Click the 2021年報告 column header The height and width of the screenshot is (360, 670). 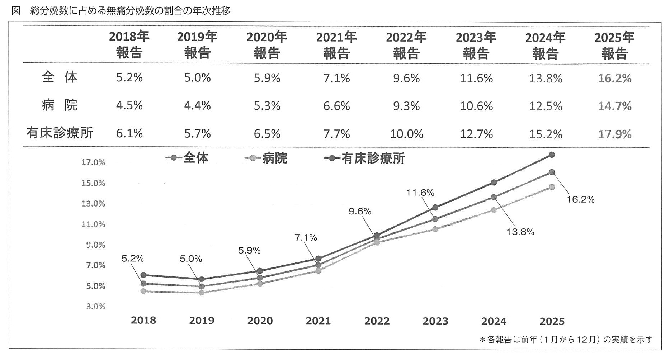[x=336, y=45]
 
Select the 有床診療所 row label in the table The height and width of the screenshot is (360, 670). [x=60, y=133]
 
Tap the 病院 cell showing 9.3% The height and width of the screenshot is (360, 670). [x=406, y=106]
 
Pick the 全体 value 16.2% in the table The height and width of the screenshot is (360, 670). [x=614, y=78]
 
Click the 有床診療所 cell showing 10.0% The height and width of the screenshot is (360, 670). [x=406, y=134]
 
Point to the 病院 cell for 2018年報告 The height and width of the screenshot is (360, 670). [x=129, y=106]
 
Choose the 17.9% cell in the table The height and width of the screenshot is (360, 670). [x=614, y=134]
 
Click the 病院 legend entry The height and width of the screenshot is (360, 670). [x=267, y=158]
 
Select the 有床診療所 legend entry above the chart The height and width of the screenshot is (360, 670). [x=364, y=158]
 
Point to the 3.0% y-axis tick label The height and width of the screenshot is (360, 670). [x=95, y=307]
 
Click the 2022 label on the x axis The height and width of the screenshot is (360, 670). [x=377, y=321]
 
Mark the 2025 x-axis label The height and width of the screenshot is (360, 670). [x=552, y=321]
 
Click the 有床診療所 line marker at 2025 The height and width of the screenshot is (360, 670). [x=552, y=155]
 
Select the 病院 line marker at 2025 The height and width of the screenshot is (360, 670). [x=552, y=187]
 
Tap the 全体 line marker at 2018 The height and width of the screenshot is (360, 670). [x=143, y=284]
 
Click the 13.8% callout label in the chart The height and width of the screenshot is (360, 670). [x=520, y=232]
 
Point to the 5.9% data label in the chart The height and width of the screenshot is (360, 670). [x=249, y=251]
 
